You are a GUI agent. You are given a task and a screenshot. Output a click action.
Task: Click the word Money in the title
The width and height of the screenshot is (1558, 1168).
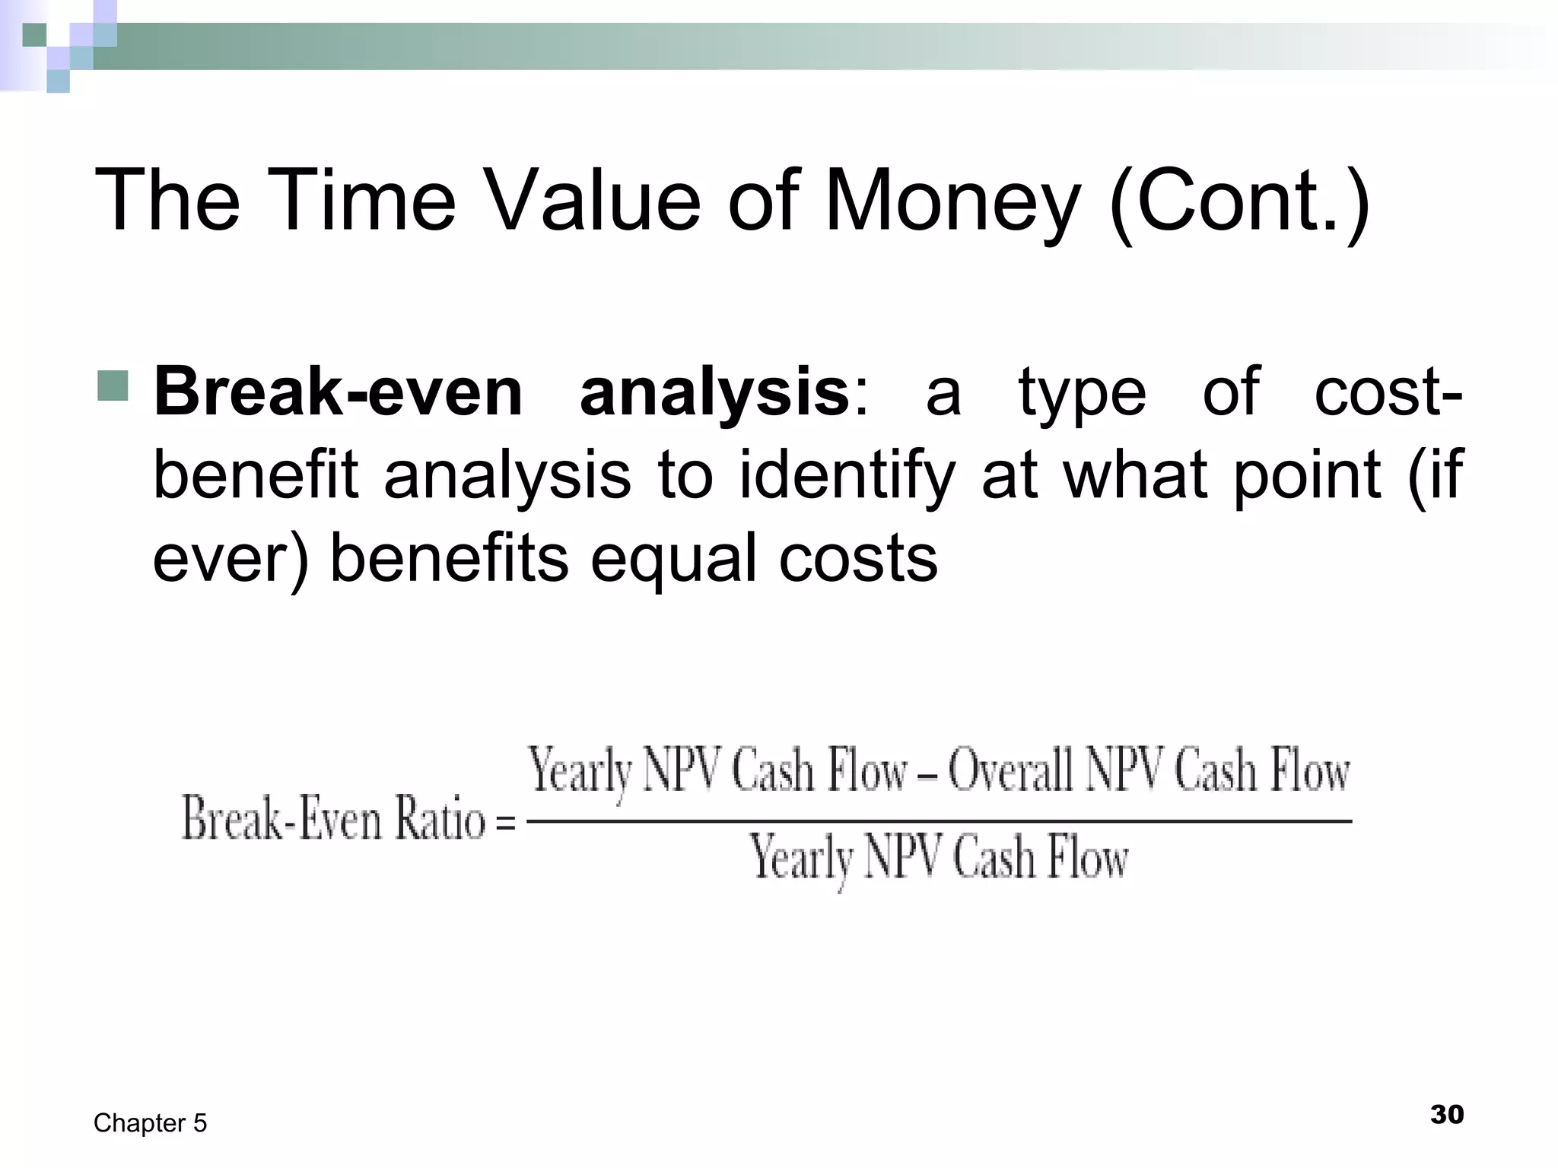952,201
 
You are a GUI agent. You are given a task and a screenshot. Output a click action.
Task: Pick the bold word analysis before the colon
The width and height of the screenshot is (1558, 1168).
714,394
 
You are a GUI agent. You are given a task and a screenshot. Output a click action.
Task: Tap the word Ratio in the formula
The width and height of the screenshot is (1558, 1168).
439,820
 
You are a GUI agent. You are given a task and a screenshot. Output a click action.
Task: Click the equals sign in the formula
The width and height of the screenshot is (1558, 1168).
505,823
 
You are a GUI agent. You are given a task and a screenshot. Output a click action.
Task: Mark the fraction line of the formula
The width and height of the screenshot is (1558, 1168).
939,821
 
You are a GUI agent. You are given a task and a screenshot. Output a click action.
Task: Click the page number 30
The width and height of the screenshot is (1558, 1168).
1446,1115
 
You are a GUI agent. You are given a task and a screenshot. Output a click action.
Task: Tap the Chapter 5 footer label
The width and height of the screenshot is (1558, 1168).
150,1123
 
